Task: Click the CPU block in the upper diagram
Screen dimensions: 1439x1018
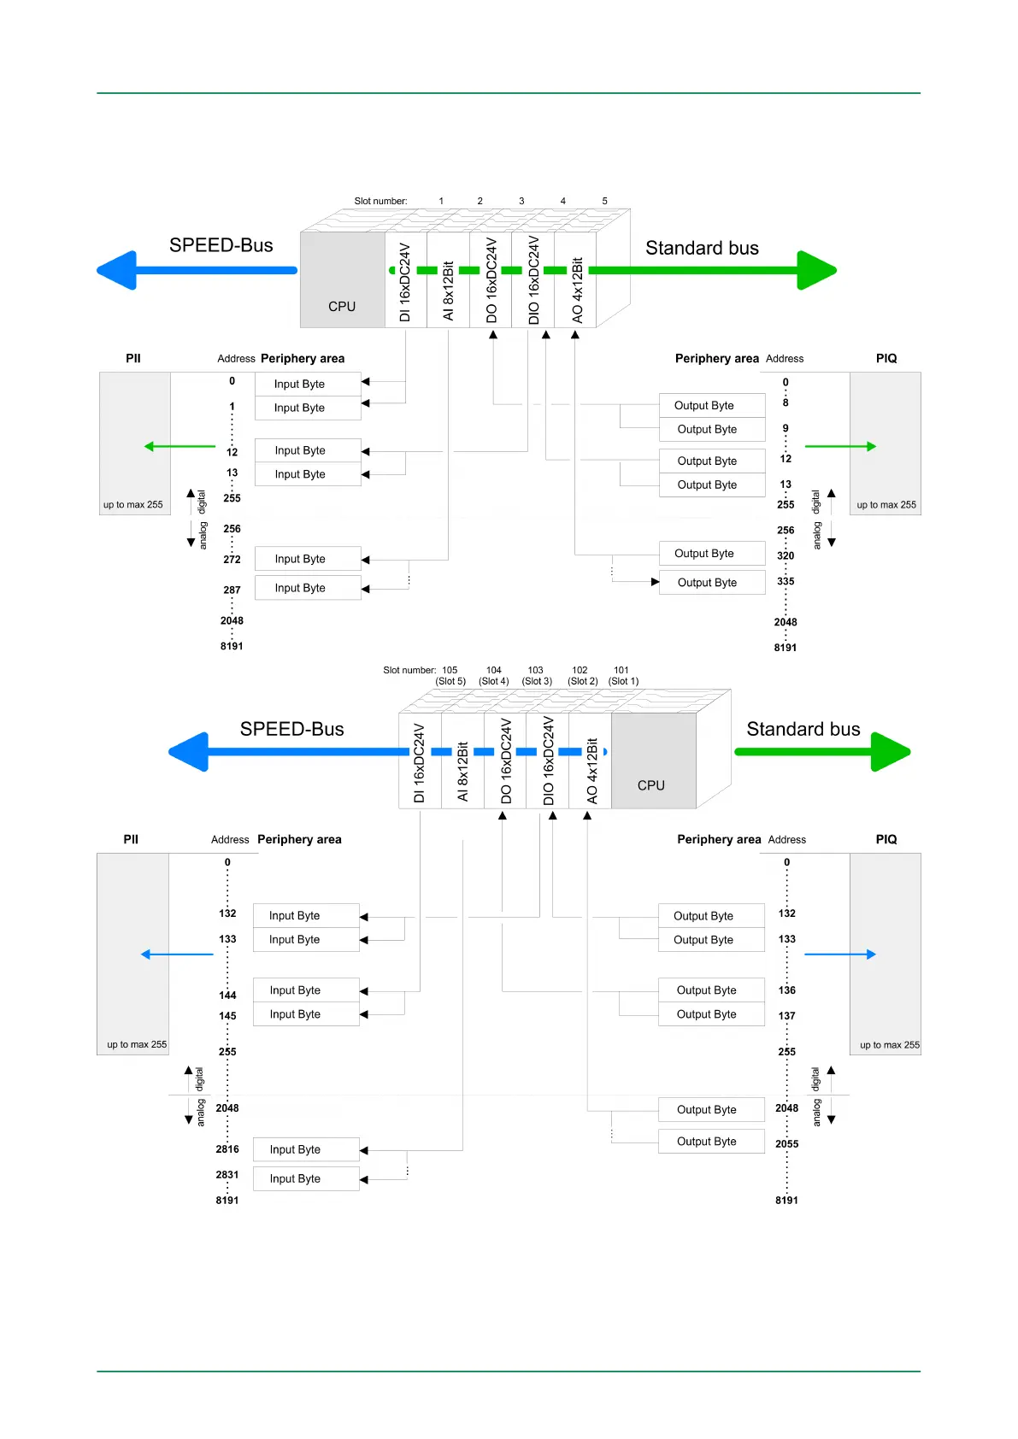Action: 342,280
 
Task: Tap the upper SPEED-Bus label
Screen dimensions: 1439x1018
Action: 221,245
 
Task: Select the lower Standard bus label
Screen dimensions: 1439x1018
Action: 803,729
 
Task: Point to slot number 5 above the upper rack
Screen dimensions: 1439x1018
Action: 604,202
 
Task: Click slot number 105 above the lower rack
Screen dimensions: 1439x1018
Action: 450,671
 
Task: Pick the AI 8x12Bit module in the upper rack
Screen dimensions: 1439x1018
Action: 448,291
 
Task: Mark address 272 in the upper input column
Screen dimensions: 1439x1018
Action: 232,560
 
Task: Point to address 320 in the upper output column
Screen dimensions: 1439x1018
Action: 786,555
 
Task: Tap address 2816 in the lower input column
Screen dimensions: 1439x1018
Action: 227,1149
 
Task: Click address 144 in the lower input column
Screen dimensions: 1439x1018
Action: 227,996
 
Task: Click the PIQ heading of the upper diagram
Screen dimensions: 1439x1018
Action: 886,359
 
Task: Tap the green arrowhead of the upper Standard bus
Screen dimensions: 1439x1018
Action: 816,271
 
